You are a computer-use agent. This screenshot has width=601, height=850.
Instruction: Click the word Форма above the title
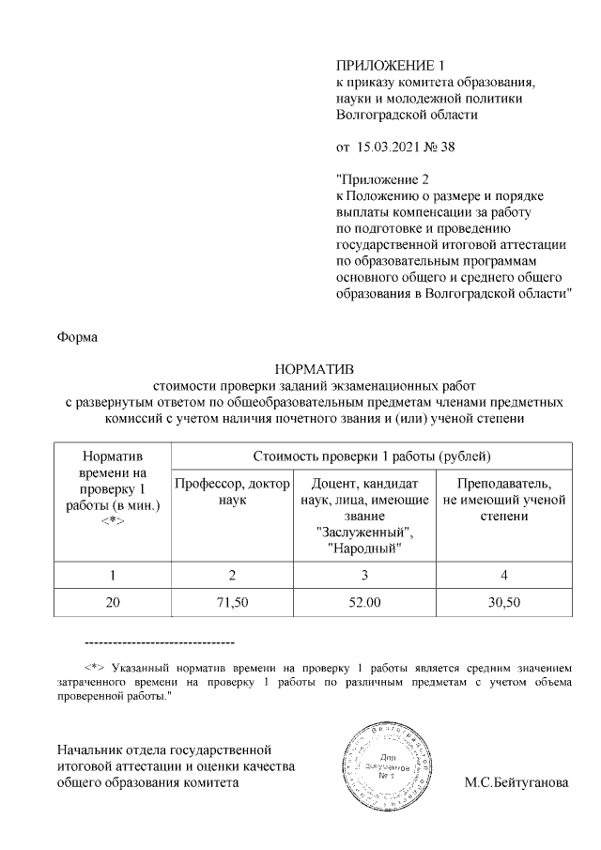point(77,336)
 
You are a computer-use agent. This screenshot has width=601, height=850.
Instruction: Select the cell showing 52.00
point(364,601)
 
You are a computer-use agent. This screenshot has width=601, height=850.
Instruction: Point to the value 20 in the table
point(113,601)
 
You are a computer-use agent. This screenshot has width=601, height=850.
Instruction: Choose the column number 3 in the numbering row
point(364,573)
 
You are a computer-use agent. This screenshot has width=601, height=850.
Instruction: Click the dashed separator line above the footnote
point(159,642)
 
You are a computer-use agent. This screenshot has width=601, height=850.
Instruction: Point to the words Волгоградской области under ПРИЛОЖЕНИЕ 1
point(407,115)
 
